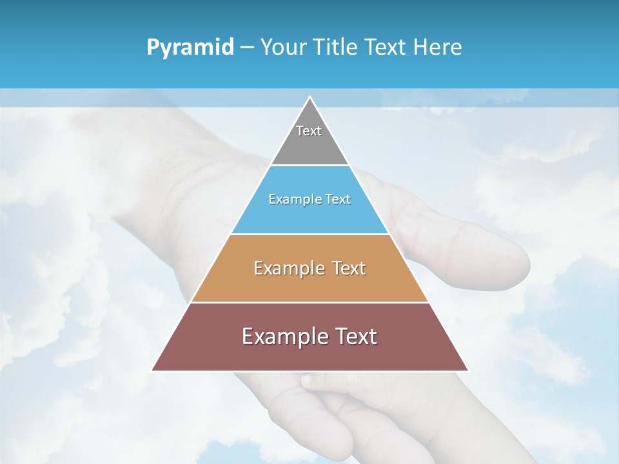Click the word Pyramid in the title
[190, 48]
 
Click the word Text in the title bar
[387, 47]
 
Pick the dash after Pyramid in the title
[246, 48]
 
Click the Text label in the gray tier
[309, 131]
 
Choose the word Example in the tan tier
[287, 268]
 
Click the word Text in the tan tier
[349, 268]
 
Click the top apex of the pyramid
[310, 98]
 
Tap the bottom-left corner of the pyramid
[153, 370]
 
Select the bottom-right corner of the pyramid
[467, 370]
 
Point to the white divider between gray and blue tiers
[309, 166]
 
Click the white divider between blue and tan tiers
[309, 234]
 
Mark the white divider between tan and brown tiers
[309, 302]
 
